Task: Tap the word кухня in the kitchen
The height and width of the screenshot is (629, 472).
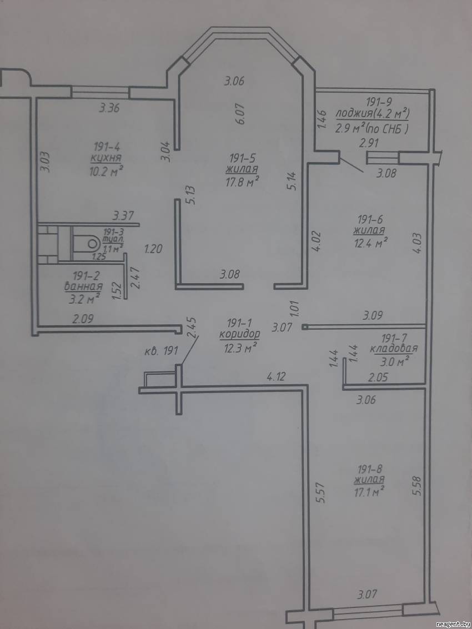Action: click(106, 158)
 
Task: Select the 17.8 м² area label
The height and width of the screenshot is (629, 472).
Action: click(243, 183)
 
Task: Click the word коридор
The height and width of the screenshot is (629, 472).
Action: click(240, 335)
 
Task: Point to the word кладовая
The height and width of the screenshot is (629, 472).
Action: click(393, 348)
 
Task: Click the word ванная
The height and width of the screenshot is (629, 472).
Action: click(83, 286)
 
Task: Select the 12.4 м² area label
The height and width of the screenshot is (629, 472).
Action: click(370, 242)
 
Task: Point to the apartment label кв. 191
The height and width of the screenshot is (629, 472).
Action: click(161, 352)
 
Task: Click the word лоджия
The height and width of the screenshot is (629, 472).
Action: click(349, 115)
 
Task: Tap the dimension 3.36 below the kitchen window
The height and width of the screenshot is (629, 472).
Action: click(109, 108)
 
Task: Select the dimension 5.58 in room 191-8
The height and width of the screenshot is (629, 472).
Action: click(417, 486)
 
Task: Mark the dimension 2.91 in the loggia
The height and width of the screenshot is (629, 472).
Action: click(369, 143)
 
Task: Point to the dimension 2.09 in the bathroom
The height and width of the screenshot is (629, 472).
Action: click(83, 319)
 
